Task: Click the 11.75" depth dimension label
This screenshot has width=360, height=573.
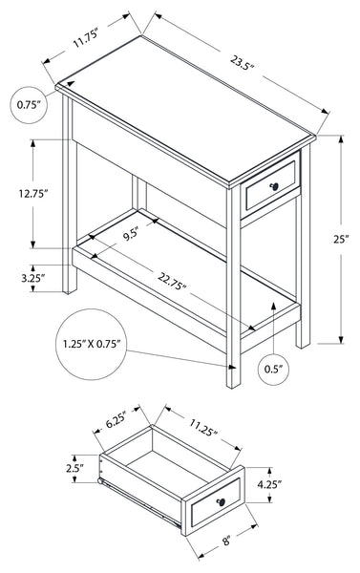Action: click(x=86, y=39)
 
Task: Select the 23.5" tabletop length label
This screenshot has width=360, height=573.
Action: click(x=242, y=62)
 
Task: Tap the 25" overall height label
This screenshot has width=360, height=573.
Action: click(x=341, y=239)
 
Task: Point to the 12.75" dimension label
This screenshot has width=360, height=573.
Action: click(x=33, y=193)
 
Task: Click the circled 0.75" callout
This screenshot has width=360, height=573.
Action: click(x=29, y=105)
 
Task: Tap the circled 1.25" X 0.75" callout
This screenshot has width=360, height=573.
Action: click(x=92, y=344)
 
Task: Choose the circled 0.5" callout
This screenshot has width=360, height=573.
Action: click(x=274, y=369)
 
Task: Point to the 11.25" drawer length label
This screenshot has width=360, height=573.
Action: click(x=203, y=428)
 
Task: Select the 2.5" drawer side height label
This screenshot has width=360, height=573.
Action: click(x=75, y=468)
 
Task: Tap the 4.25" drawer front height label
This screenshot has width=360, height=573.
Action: click(x=269, y=484)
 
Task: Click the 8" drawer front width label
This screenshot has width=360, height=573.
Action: click(x=226, y=541)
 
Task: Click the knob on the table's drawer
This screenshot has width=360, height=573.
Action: click(x=274, y=187)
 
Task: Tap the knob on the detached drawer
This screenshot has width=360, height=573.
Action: click(x=221, y=502)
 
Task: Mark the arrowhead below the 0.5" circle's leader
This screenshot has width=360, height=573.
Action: click(x=274, y=306)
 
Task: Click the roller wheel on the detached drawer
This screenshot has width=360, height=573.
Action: click(x=99, y=481)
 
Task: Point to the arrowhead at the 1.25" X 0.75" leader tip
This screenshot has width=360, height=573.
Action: click(x=231, y=367)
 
